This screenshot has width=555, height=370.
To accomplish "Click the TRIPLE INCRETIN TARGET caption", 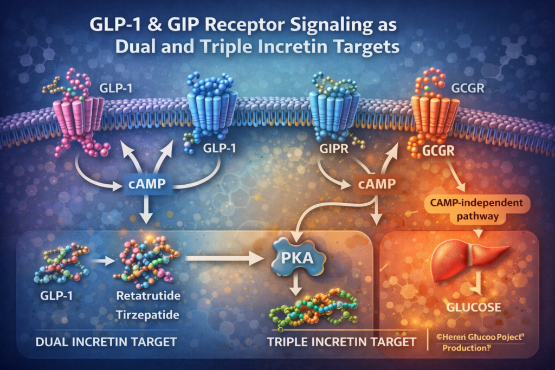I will pyautogui.click(x=342, y=342).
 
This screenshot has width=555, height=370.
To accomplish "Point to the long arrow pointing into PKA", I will pyautogui.click(x=222, y=258).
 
